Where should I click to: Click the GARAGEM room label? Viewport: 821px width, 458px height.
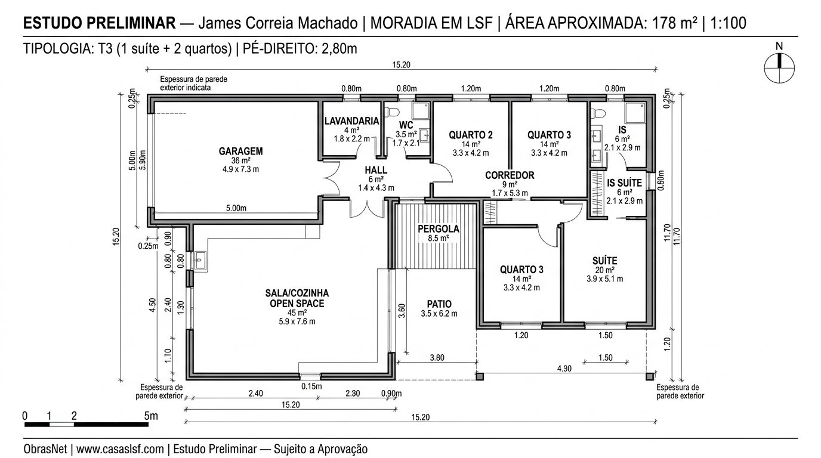240,151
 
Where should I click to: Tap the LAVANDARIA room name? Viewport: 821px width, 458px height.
351,121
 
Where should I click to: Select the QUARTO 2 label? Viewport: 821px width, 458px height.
471,135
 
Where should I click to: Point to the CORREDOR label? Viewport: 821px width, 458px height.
509,175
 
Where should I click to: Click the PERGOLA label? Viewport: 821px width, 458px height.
438,228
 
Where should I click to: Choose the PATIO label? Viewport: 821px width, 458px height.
439,304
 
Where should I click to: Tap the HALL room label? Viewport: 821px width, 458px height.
376,170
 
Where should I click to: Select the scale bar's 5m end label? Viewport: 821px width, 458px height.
151,416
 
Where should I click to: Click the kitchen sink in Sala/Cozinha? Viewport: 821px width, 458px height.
200,261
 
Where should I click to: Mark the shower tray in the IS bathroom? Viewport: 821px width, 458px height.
635,113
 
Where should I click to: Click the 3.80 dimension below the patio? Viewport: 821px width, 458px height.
437,358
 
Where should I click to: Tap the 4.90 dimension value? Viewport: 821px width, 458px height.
564,369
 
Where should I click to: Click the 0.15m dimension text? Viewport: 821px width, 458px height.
311,386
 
